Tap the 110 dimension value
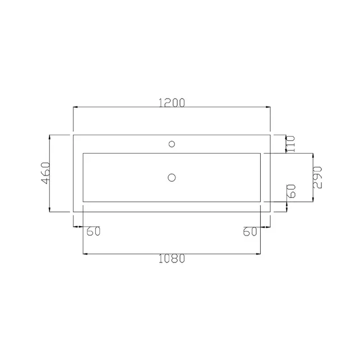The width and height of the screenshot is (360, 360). [290, 144]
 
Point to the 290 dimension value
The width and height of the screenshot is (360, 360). [317, 177]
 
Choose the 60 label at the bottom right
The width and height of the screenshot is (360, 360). [250, 232]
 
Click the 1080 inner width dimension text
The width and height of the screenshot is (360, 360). [172, 259]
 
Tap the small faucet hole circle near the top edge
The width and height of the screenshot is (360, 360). [172, 144]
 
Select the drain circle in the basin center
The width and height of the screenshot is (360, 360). [172, 177]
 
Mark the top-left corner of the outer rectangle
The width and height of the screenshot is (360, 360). [73, 135]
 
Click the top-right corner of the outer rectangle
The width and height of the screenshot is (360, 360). [270, 135]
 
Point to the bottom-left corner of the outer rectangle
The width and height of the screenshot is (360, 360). [73, 212]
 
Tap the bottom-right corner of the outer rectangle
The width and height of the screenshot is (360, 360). [270, 212]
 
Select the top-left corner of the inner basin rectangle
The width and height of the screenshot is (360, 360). [83, 153]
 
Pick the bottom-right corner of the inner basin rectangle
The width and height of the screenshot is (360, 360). [260, 202]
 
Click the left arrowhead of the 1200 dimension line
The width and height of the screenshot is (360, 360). [75, 108]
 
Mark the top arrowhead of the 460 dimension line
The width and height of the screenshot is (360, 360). [51, 136]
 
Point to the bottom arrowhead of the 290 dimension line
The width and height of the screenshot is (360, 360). [313, 200]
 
